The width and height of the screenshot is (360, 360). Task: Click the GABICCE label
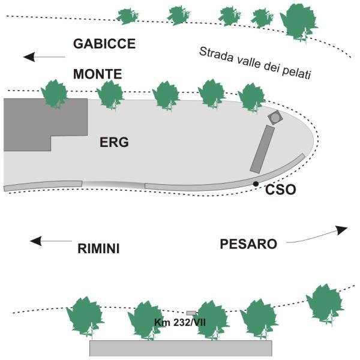point(104,44)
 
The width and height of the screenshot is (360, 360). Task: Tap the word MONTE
point(97,74)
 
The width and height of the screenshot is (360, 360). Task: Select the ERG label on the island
point(115,142)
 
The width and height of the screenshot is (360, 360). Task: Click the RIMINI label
point(98,247)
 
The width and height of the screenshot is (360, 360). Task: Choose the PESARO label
point(248,244)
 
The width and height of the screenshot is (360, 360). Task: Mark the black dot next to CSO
point(256,184)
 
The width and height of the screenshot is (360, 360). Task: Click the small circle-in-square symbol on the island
point(275,118)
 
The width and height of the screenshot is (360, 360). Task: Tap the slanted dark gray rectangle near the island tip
point(262,149)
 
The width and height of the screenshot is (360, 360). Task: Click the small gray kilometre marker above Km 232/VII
point(191,313)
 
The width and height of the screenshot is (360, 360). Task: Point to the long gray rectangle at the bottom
point(181,349)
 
